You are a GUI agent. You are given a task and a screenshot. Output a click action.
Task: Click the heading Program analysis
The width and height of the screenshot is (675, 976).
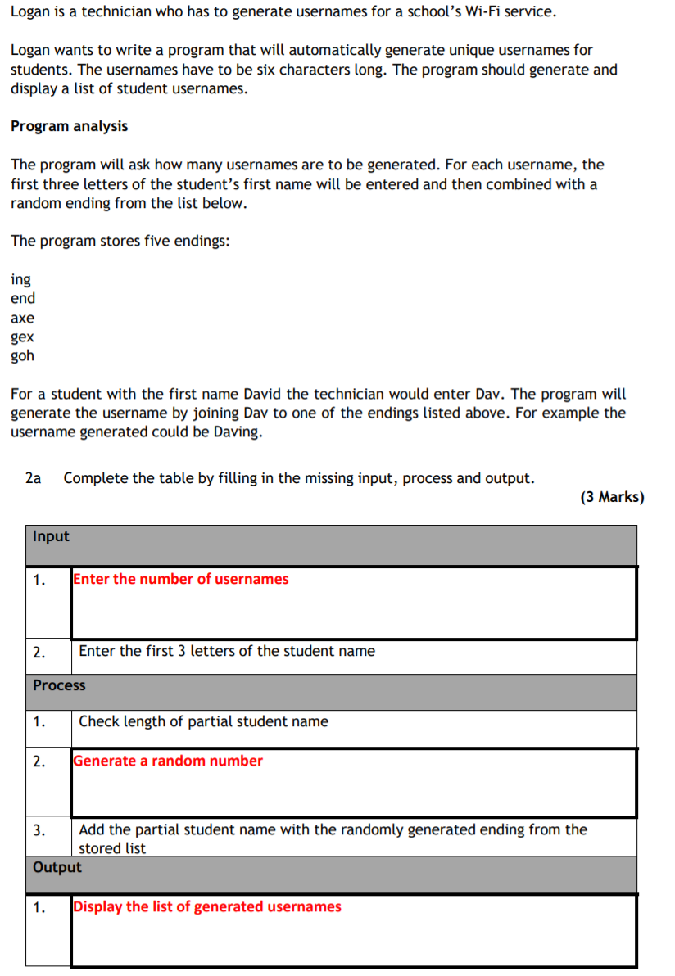69,126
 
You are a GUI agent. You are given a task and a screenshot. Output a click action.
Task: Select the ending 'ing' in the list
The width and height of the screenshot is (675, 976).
20,280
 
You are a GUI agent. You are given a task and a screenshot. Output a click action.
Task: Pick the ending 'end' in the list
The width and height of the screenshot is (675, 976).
23,299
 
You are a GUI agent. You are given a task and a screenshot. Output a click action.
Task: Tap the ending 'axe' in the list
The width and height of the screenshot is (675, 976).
23,318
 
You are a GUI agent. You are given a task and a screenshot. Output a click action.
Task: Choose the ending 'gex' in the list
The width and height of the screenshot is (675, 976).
23,337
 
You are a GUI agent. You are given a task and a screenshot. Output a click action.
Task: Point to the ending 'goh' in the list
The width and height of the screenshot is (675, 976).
23,356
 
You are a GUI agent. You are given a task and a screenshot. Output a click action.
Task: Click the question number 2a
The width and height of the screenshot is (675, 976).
34,478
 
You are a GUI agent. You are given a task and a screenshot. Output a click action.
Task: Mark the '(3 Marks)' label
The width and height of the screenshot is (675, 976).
612,497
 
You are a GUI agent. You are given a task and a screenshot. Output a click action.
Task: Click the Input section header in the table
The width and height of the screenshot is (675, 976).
51,537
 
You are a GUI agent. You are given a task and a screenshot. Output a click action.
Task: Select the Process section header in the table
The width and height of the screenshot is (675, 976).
59,685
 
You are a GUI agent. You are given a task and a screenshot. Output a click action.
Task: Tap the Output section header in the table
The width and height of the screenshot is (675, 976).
57,867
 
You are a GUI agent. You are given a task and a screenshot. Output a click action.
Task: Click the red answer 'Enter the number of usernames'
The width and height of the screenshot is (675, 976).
181,579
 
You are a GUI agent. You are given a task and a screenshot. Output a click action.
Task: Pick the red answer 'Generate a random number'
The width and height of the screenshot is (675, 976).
168,761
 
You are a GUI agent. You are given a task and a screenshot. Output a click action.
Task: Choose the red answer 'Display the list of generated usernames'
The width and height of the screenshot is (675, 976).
207,906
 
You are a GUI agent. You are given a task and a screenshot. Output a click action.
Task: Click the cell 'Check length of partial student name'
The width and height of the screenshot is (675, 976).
203,721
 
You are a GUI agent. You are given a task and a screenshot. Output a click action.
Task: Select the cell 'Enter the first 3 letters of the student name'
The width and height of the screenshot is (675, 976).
227,651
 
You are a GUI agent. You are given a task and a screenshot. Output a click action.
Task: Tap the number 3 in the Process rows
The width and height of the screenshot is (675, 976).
39,830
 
